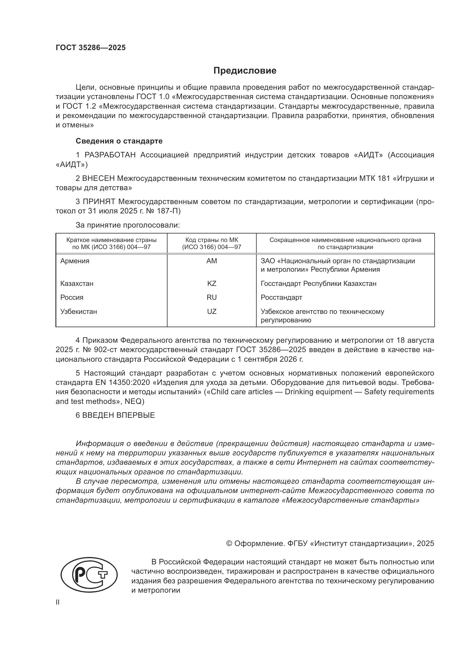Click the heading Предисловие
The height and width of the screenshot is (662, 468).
point(245,71)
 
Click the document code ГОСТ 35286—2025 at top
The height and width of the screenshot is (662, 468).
point(91,48)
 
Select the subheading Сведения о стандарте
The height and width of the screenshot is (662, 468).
point(119,141)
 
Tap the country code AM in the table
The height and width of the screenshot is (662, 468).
point(212,261)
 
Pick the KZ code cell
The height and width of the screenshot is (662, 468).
point(212,283)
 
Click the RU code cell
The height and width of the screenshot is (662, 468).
point(212,297)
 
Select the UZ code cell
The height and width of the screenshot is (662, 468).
point(212,311)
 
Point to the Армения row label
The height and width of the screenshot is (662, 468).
point(75,261)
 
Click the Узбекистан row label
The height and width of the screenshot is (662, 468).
point(79,311)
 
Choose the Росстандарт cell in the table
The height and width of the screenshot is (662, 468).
point(281,297)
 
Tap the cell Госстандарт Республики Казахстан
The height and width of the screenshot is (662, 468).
point(318,283)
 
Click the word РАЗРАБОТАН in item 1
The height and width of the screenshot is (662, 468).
point(110,155)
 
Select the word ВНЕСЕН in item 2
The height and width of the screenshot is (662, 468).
point(98,179)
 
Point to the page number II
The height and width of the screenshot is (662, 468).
point(58,602)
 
